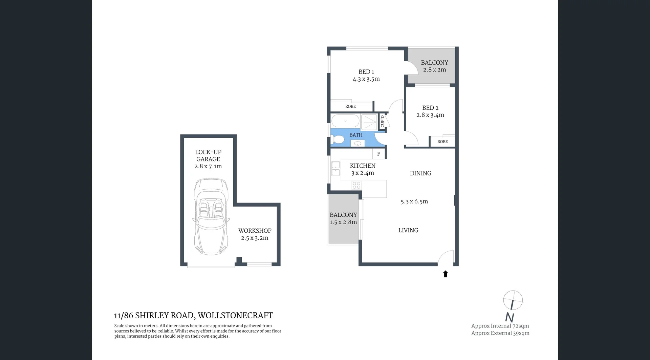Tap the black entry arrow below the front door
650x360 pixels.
(446, 274)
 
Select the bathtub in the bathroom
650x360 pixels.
(345, 121)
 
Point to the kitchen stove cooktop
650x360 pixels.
(356, 185)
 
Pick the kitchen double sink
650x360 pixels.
(335, 169)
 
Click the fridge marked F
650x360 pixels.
(378, 154)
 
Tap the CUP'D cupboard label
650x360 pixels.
(383, 121)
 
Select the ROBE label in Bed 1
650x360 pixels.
(350, 106)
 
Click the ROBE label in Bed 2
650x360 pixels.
(442, 142)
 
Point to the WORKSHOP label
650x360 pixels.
(255, 231)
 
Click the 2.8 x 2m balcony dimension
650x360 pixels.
(434, 70)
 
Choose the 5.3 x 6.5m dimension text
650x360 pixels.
(414, 202)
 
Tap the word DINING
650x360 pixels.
(420, 173)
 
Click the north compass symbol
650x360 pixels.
(513, 300)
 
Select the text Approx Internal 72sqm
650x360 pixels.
(500, 326)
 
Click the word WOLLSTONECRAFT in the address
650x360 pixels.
(235, 316)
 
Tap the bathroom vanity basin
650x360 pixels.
(358, 144)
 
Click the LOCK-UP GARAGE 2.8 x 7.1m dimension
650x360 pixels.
(208, 166)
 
